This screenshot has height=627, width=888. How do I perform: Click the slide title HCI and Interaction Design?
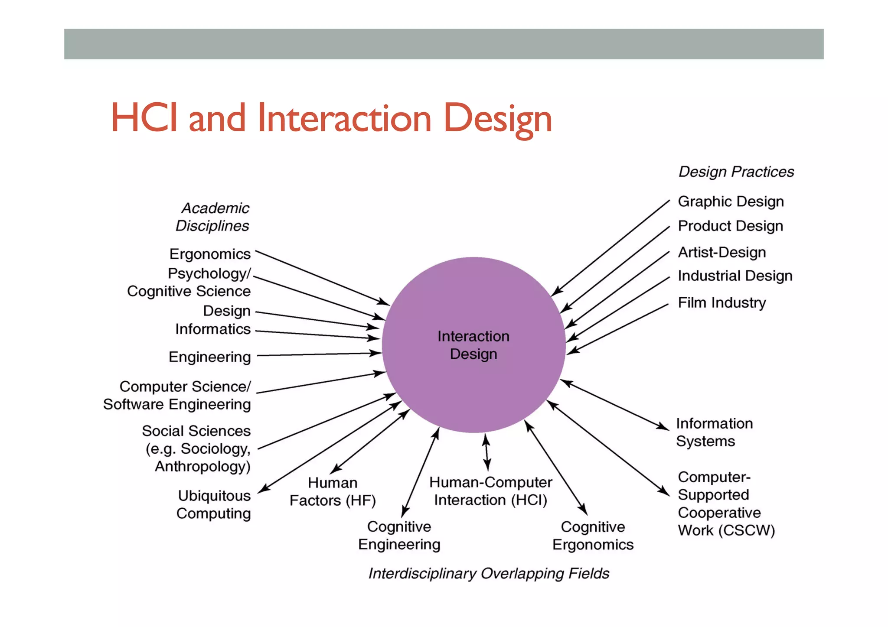coord(331,118)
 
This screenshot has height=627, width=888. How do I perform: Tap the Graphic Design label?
coord(731,201)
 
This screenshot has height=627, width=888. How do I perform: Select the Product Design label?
coord(730,226)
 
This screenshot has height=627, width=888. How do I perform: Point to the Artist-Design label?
coord(721,252)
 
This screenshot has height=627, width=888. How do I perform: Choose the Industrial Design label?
coord(735,276)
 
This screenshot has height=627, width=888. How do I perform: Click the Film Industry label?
coord(721,302)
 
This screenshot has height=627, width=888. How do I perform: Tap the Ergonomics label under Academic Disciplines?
coord(210,254)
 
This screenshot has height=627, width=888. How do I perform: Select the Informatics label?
coord(213,329)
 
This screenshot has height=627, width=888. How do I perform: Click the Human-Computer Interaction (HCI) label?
coord(490,491)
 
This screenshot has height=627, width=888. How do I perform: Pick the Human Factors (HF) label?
coord(333,492)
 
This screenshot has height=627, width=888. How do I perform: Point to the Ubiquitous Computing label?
coord(214,504)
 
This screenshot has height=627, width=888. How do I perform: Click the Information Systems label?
coord(714,432)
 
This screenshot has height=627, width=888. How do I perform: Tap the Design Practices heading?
coord(736,172)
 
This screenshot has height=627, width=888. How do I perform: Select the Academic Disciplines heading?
coord(213,217)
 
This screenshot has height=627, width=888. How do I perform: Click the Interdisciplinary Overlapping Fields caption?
coord(489,573)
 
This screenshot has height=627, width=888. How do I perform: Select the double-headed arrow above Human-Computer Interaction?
coord(486,452)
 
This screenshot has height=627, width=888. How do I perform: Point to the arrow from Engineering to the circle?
coord(319,354)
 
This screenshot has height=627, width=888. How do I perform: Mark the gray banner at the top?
coord(444,44)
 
